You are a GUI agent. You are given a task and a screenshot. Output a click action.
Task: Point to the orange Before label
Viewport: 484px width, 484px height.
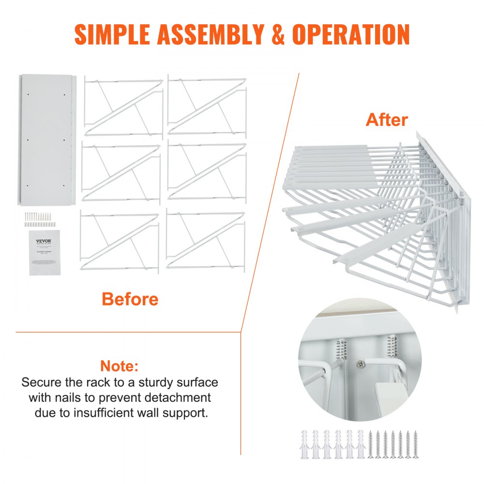[x=130, y=299]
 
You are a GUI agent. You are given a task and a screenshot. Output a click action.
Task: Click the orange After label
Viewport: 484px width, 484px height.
[x=387, y=120]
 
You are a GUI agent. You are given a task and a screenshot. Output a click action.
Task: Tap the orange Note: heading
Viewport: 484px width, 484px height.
[x=120, y=365]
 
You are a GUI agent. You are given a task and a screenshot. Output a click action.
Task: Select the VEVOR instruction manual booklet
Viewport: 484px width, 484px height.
[x=45, y=252]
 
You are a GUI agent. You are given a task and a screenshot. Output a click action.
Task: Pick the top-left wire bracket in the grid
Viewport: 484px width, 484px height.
[x=122, y=107]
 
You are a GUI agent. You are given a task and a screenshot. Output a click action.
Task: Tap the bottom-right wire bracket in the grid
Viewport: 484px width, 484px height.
[x=205, y=241]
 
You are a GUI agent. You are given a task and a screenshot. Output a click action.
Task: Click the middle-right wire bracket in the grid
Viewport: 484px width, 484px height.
[x=207, y=173]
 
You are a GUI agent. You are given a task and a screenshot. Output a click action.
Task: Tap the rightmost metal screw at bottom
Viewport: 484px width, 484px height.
[x=415, y=443]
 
